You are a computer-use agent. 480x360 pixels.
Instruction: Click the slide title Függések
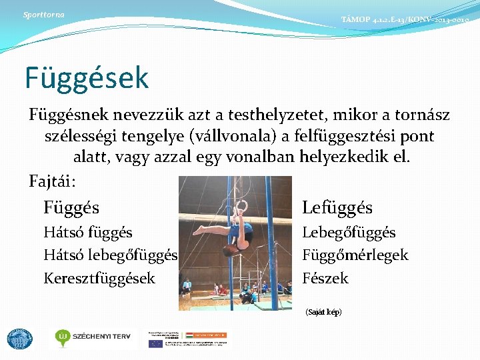pos(87,77)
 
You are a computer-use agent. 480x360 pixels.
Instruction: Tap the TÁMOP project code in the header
pos(405,21)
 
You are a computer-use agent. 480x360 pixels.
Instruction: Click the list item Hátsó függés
pos(87,233)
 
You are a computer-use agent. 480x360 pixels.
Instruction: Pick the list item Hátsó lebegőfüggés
pos(110,255)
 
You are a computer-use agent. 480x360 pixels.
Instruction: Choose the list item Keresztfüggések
pos(99,278)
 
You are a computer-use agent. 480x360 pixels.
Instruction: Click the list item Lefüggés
pos(337,207)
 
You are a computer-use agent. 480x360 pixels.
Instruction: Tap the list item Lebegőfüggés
pos(349,233)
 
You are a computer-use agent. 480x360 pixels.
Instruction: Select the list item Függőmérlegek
pos(355,255)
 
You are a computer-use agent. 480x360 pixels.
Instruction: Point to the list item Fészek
pos(325,278)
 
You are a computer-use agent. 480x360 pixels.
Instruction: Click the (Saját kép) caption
pos(323,312)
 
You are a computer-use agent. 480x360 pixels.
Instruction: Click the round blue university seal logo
pos(19,339)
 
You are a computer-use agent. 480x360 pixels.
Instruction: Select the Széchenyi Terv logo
pos(93,338)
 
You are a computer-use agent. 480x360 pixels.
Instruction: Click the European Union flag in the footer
pos(155,343)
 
